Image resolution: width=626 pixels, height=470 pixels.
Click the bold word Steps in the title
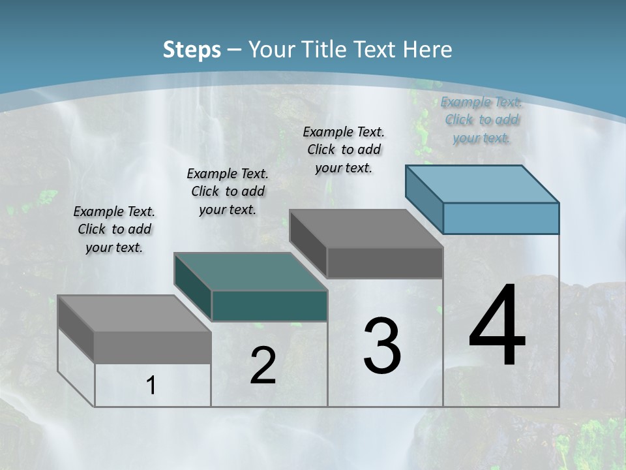click(191, 50)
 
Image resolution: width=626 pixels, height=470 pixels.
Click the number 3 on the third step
click(381, 345)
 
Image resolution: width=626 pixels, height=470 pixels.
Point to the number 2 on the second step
click(263, 366)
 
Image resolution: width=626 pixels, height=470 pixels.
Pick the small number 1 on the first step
click(151, 386)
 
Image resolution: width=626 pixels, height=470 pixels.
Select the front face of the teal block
click(269, 306)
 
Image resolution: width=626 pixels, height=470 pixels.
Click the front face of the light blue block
click(501, 218)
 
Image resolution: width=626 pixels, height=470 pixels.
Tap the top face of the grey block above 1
click(134, 313)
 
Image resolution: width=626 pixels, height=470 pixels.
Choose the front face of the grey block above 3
click(385, 262)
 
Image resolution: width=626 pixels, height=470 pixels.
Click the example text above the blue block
click(481, 119)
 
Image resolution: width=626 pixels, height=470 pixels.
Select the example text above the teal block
click(228, 191)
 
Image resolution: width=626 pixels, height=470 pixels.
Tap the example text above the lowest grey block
click(114, 229)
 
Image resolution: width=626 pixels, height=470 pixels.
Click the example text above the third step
click(344, 149)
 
